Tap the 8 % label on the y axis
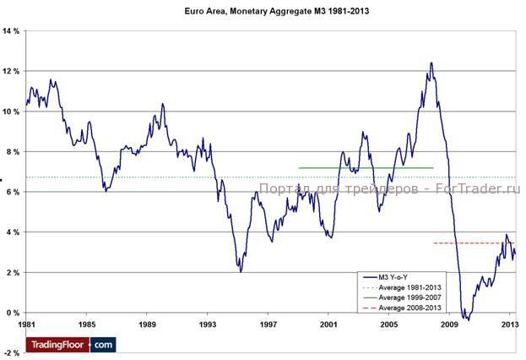click(13, 151)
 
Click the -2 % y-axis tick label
click(12, 352)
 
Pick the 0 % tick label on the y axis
click(13, 313)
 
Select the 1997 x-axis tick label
click(269, 325)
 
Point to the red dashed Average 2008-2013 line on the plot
click(473, 243)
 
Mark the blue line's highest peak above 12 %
click(431, 63)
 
